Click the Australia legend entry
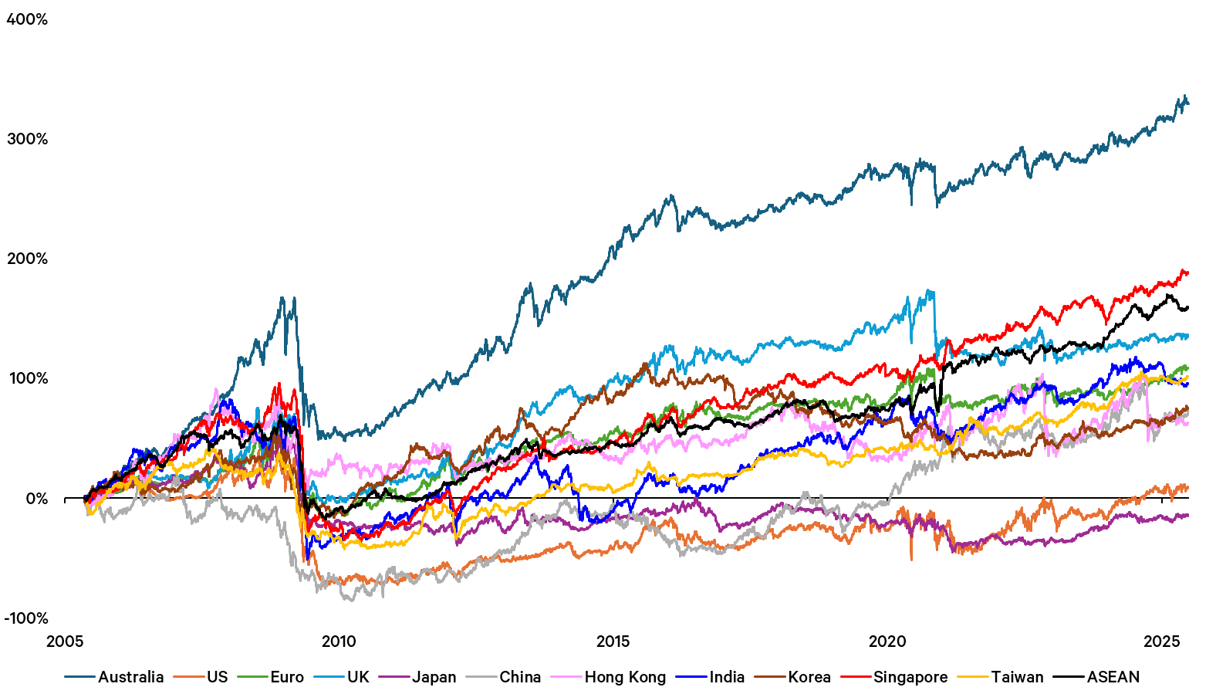tap(130, 677)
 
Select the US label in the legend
tap(217, 677)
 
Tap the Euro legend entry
tap(287, 677)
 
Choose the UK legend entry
tap(358, 677)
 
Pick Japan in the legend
tap(434, 677)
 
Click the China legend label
tap(520, 677)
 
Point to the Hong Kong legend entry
tap(625, 677)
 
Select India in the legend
tap(727, 677)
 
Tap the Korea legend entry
tap(809, 677)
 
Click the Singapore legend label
tap(910, 677)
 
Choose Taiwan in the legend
tap(1017, 677)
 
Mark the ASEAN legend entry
tap(1113, 677)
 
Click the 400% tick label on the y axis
tap(27, 19)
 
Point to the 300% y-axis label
tap(27, 139)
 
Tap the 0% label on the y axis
tap(36, 499)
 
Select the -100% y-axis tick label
tap(26, 618)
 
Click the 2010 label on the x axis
tap(339, 642)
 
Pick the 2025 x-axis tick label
tap(1162, 642)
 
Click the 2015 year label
tap(613, 642)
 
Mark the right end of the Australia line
tap(1188, 103)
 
